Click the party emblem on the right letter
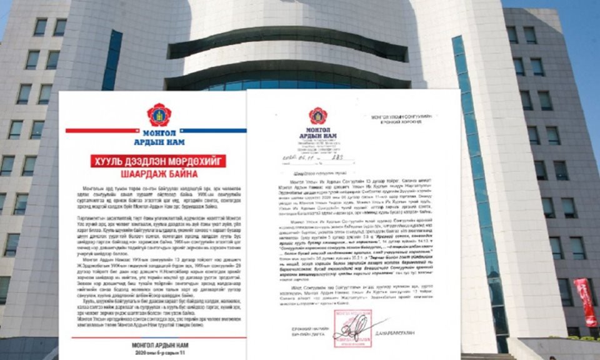(x=317, y=116)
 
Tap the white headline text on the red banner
(x=159, y=161)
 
